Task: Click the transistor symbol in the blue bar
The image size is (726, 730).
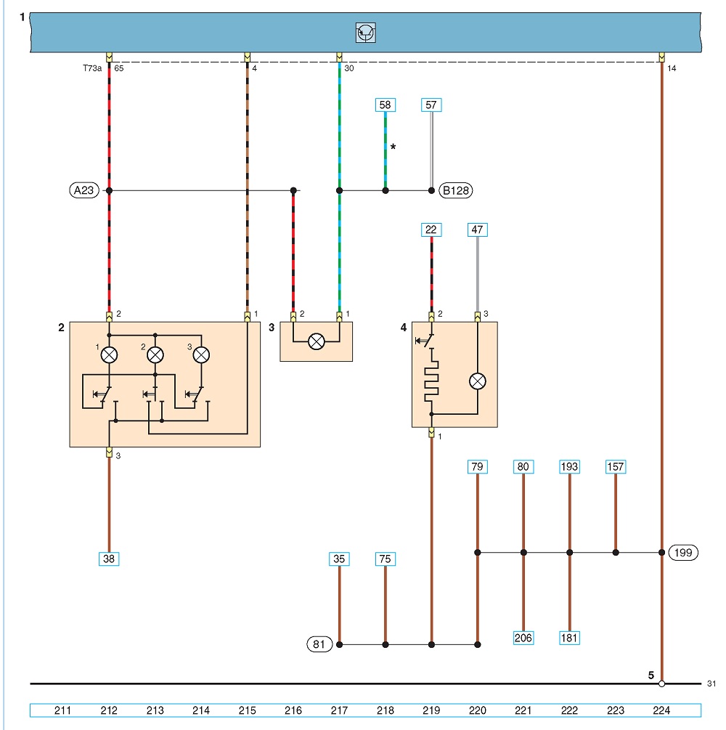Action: [365, 33]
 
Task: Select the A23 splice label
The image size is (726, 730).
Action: [84, 190]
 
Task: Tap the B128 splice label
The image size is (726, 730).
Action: [456, 190]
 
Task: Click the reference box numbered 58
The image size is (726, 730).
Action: [386, 105]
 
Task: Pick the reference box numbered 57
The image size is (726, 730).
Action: [431, 105]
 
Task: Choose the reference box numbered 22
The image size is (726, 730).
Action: [431, 230]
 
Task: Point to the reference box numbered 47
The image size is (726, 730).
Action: [478, 230]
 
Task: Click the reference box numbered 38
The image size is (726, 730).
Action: [109, 559]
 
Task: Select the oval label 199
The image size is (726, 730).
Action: [683, 553]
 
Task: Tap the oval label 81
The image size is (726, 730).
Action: [319, 644]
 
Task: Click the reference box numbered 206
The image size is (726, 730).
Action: [523, 638]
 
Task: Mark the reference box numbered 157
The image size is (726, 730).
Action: [615, 466]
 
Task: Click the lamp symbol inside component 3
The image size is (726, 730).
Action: [317, 341]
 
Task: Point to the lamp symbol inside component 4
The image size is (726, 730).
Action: [478, 381]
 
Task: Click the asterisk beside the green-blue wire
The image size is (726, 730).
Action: [393, 147]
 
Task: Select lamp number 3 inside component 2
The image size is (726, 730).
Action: [201, 354]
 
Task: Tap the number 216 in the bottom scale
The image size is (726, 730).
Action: [293, 710]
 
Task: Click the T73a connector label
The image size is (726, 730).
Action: [92, 68]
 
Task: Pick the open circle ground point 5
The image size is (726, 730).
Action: [662, 684]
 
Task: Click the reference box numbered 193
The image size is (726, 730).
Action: [570, 466]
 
